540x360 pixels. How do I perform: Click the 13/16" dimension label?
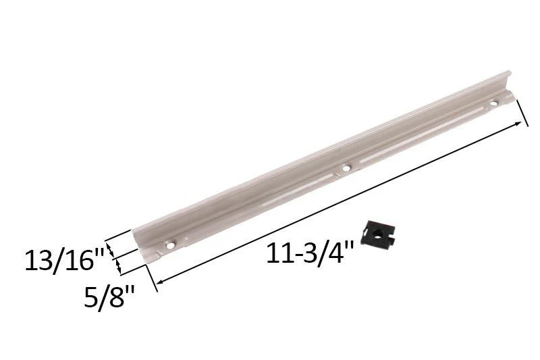64,261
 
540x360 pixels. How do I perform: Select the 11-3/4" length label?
310,254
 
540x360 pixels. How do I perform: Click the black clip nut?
377,235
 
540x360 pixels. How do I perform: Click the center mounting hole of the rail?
346,168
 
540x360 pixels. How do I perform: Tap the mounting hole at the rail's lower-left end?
169,245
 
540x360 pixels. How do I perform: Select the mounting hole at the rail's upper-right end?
494,103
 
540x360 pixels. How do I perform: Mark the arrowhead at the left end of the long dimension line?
160,281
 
